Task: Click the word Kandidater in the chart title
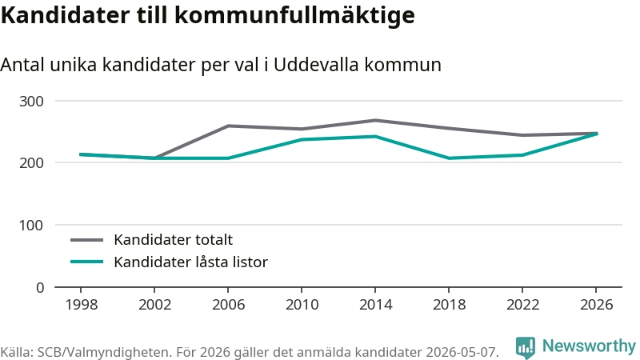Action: pyautogui.click(x=65, y=15)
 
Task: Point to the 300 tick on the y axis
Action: pyautogui.click(x=31, y=102)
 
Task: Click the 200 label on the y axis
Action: pyautogui.click(x=31, y=163)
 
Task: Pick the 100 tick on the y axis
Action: pyautogui.click(x=31, y=226)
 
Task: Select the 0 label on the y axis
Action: pyautogui.click(x=40, y=288)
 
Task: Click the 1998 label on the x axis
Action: pyautogui.click(x=82, y=305)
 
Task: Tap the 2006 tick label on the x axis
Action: pyautogui.click(x=228, y=305)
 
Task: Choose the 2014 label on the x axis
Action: pyautogui.click(x=375, y=305)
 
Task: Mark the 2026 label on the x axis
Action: pyautogui.click(x=596, y=305)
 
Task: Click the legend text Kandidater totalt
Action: pyautogui.click(x=173, y=239)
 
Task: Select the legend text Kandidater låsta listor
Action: pyautogui.click(x=190, y=262)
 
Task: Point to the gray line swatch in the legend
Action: pyautogui.click(x=87, y=240)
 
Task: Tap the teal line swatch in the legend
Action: pyautogui.click(x=87, y=262)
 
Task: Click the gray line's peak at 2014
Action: pyautogui.click(x=375, y=121)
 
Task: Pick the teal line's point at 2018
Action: pyautogui.click(x=449, y=158)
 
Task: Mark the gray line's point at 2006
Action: pyautogui.click(x=228, y=126)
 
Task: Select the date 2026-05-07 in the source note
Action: pyautogui.click(x=462, y=352)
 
